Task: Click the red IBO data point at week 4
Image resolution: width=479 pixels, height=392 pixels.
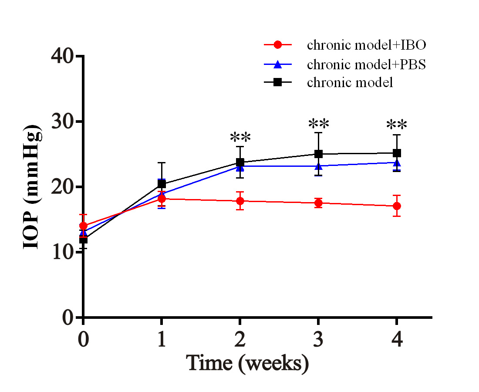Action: (397, 206)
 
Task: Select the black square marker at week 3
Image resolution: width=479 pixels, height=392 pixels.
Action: (318, 154)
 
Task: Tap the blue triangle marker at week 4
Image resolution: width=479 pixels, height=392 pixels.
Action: (397, 163)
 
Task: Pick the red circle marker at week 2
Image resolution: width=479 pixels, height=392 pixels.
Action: (240, 201)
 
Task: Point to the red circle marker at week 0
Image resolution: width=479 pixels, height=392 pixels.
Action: (83, 226)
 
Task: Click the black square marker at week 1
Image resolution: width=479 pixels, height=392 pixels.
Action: (162, 184)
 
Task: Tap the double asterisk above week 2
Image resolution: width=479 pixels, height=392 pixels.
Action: (240, 138)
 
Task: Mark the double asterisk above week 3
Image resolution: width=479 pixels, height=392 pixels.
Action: (318, 124)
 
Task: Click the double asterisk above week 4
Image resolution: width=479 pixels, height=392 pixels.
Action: (397, 125)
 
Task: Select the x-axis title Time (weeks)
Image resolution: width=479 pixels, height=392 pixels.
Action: (248, 362)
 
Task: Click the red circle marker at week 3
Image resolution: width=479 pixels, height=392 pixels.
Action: (318, 203)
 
